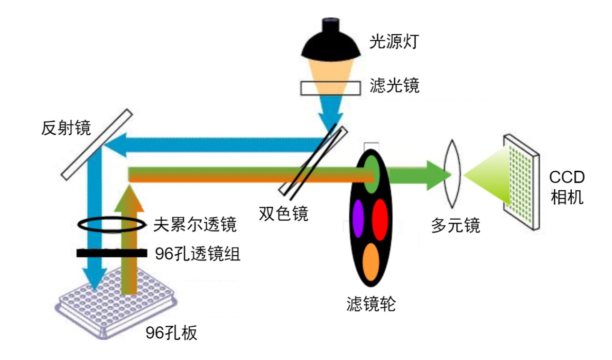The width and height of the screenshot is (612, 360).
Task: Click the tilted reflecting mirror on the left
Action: (96, 145)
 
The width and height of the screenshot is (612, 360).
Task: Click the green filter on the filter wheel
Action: (371, 173)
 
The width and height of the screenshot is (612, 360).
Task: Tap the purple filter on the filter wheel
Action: (357, 218)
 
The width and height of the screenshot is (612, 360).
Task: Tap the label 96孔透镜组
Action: (197, 254)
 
